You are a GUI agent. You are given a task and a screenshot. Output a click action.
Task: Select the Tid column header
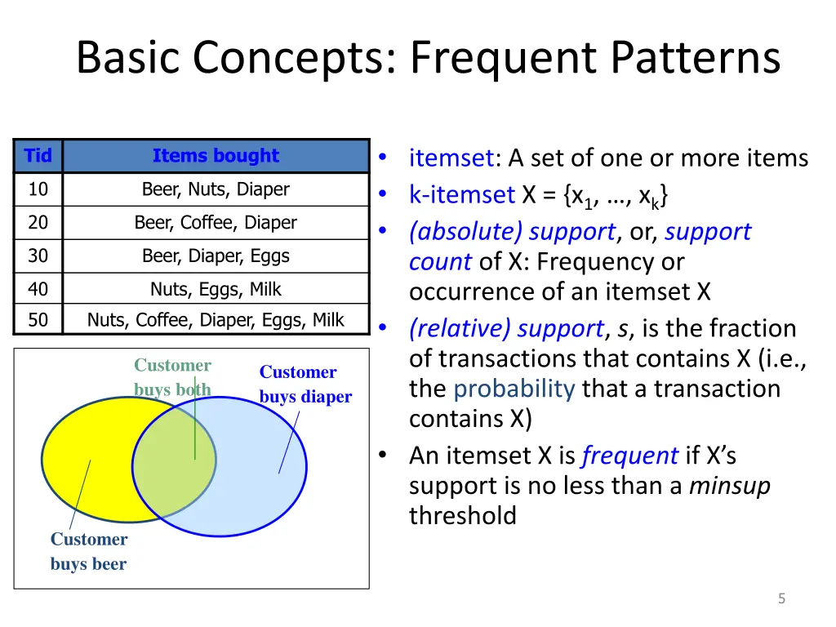pos(38,156)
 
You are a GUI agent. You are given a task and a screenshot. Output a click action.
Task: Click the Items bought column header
pos(216,156)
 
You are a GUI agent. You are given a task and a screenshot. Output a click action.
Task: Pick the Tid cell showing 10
pos(38,189)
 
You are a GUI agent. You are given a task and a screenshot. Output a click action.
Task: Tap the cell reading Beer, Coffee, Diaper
pos(216,222)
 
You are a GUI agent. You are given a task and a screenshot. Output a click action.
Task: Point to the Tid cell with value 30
pos(38,256)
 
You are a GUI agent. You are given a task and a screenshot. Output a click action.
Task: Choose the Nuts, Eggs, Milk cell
pos(216,289)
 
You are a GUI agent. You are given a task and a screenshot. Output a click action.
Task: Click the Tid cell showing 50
pos(38,320)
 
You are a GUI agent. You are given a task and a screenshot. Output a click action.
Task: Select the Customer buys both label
pos(172,377)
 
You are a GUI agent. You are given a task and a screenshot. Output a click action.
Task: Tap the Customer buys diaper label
pos(305,385)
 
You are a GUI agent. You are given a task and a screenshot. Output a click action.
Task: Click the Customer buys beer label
pos(88,551)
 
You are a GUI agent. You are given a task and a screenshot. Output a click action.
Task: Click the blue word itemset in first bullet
pos(451,158)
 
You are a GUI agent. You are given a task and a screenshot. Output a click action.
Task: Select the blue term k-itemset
pos(461,195)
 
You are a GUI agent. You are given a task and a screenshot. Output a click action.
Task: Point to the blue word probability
pos(514,389)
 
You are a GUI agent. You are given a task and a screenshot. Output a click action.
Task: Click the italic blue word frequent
pos(629,456)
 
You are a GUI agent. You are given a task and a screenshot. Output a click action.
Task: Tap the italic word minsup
pos(729,486)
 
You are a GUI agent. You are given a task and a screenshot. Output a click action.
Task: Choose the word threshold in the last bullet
pos(462,516)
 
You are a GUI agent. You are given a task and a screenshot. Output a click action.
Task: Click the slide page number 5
pos(781,599)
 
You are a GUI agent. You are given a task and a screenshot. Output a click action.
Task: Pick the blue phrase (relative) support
pos(506,328)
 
